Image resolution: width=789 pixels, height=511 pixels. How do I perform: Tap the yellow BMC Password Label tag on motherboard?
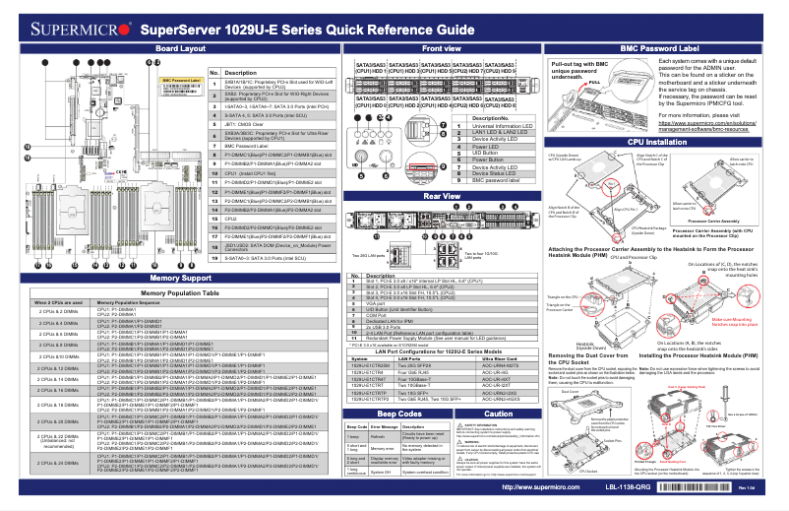click(180, 80)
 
